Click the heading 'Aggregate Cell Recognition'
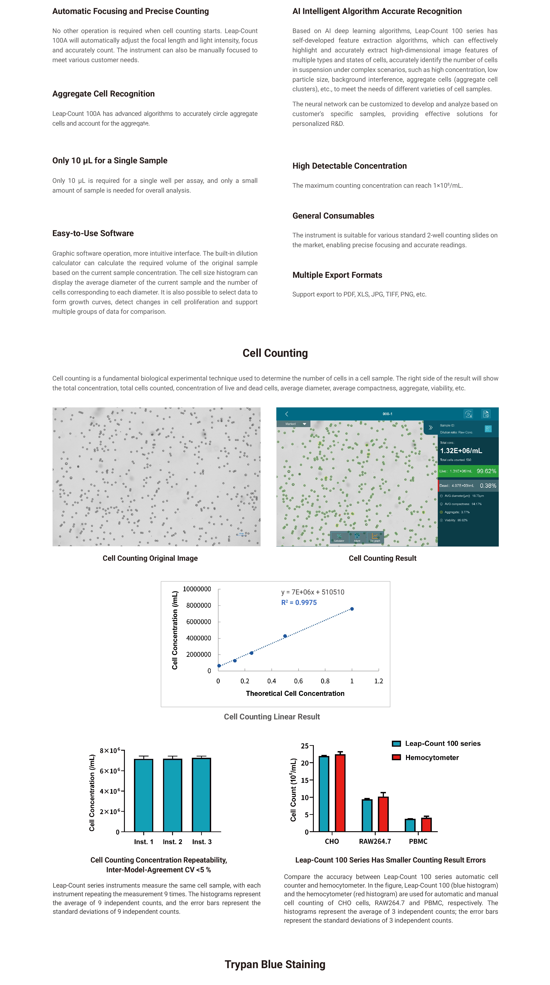tap(103, 94)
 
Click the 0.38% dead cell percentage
tap(488, 486)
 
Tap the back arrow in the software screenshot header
tap(287, 414)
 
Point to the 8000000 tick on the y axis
tap(198, 605)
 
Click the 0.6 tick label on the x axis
tap(298, 681)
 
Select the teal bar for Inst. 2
tap(172, 795)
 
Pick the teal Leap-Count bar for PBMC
tap(410, 825)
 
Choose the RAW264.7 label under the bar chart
tap(375, 841)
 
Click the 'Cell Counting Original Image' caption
tap(150, 558)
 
